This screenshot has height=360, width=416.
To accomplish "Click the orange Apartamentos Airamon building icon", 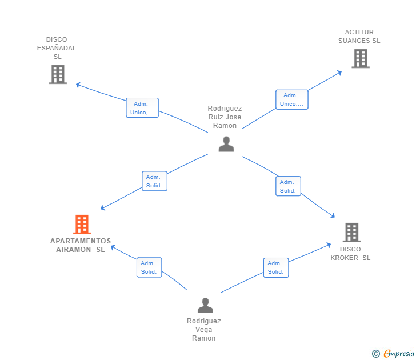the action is click(82, 225).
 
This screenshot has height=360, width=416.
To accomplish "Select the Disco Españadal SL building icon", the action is click(58, 74).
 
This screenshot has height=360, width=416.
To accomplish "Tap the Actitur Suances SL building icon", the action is click(361, 58).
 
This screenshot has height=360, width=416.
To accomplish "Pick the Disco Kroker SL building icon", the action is click(352, 233).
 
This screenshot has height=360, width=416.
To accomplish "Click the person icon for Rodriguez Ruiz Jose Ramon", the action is click(226, 144).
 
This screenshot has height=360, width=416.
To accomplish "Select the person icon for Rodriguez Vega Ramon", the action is click(205, 305).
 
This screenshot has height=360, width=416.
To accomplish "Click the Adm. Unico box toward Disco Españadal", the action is click(142, 107).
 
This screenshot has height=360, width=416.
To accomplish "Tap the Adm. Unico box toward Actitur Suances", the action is click(292, 99).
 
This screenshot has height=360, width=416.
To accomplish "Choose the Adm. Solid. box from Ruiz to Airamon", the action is click(155, 181).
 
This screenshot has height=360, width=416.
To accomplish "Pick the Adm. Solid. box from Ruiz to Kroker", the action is click(289, 186).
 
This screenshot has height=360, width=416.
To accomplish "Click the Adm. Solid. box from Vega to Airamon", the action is click(149, 267).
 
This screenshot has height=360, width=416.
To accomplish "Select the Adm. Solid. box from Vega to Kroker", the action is click(276, 267).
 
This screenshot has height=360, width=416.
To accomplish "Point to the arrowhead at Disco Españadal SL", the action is click(78, 85).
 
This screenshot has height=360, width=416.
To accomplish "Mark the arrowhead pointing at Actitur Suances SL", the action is click(339, 73).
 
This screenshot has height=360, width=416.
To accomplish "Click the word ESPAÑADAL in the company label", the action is click(57, 48).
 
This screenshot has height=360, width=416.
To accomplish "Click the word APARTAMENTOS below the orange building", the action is click(81, 241).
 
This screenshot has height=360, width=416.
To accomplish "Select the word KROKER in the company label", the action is click(345, 258).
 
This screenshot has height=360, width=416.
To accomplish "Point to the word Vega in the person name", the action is click(204, 330).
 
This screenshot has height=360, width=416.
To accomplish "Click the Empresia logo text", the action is click(399, 353).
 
